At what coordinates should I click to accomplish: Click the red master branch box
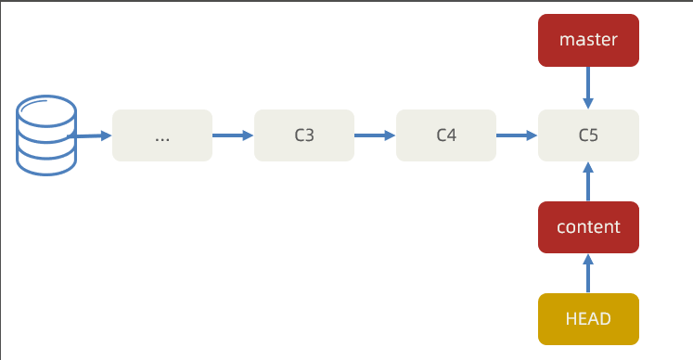588,40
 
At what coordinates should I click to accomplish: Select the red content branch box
588,227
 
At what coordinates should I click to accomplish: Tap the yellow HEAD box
588,319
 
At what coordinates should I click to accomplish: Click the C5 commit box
588,135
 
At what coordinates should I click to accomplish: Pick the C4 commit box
446,135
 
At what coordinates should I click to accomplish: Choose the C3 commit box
304,135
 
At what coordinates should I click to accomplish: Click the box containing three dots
162,135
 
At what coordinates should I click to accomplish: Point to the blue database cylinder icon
46,135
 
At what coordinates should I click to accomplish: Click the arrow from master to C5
588,87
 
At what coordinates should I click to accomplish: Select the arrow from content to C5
588,182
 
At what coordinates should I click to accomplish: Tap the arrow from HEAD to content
588,274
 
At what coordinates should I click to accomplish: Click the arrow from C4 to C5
517,135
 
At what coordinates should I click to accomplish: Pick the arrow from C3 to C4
375,135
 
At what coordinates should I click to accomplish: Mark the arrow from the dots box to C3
233,135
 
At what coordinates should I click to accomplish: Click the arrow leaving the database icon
89,135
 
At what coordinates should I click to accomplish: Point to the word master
588,40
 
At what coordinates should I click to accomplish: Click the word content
588,227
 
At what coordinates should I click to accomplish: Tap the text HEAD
588,319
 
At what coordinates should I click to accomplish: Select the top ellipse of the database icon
46,110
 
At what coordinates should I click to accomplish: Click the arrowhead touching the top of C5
588,103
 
